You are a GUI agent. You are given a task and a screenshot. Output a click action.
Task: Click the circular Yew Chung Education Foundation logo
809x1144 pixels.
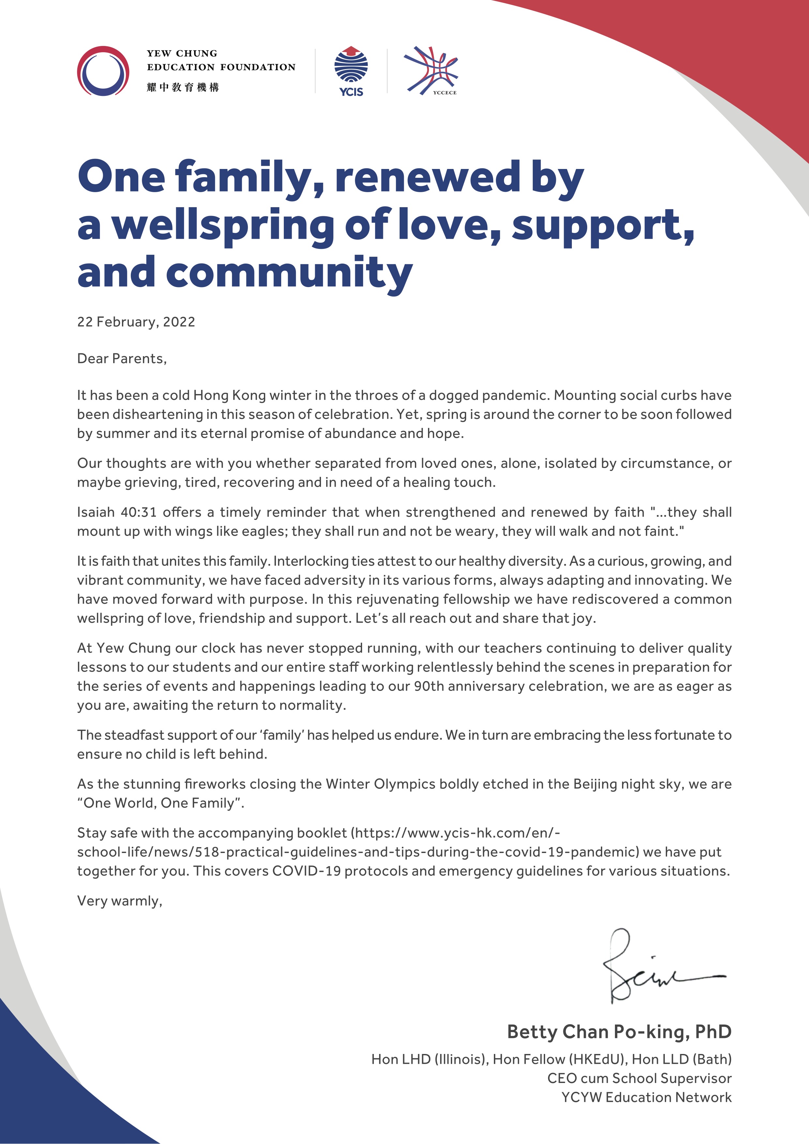point(103,71)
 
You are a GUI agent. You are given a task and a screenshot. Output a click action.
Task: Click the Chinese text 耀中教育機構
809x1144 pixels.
point(183,88)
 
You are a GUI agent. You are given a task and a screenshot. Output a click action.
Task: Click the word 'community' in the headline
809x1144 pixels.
point(289,273)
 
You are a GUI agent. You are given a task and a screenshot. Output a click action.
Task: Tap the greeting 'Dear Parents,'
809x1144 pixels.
point(122,359)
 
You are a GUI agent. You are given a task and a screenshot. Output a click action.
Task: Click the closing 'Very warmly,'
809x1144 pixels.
point(120,901)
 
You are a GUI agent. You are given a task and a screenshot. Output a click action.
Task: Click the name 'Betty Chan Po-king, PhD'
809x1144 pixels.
point(619,1031)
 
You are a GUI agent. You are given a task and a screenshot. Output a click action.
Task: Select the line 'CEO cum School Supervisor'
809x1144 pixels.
point(639,1078)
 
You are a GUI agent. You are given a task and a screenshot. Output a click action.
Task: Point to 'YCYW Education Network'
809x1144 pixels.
point(646,1097)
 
